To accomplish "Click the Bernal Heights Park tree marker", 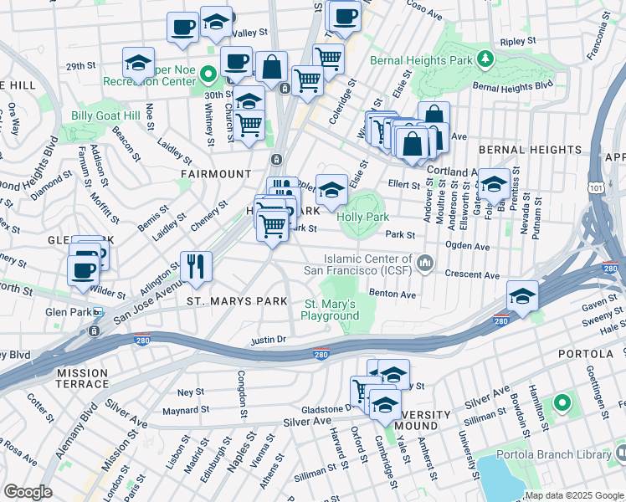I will pos(484,59).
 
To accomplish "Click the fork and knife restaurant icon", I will pos(196,267).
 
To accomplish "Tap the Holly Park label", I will pos(363,217).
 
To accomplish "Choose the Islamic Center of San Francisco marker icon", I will pos(427,264).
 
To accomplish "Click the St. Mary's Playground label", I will pos(331,310).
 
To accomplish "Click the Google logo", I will pos(27,492).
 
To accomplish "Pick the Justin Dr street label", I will pos(269,340).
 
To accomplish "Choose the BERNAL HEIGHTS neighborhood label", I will pos(530,150).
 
